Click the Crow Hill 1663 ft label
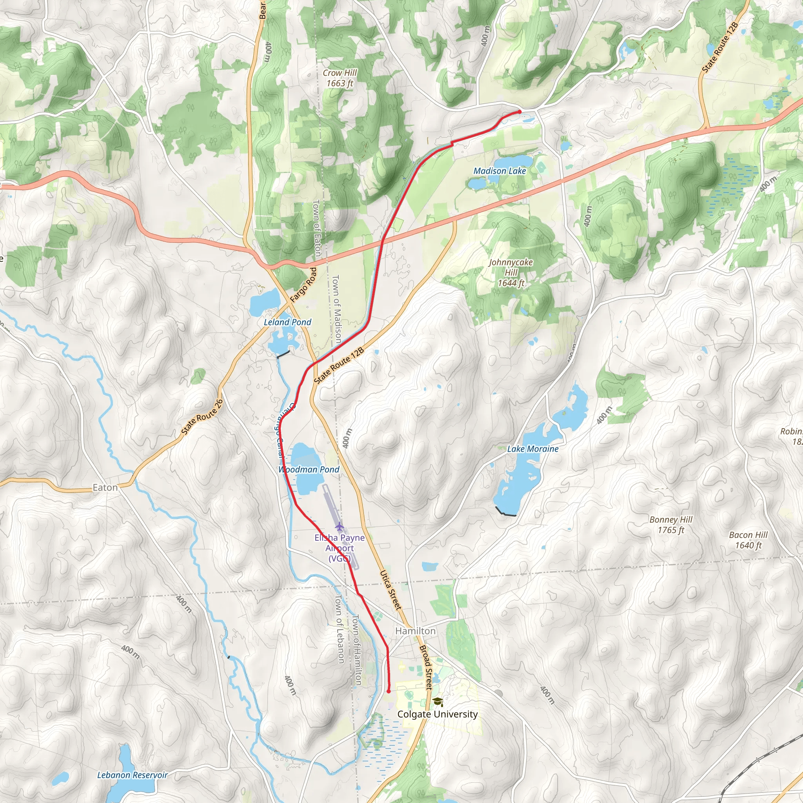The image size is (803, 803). click(x=340, y=78)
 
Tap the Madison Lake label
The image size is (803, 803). click(x=500, y=171)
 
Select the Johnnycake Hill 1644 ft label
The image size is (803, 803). click(x=511, y=273)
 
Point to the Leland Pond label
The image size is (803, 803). click(x=287, y=322)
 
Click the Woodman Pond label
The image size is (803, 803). click(x=309, y=469)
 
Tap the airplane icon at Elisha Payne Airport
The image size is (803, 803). click(x=340, y=527)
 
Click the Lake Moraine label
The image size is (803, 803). click(x=533, y=449)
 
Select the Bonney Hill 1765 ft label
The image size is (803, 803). click(x=671, y=525)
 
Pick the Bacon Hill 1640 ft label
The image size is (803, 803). click(x=748, y=540)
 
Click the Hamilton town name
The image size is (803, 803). click(x=415, y=631)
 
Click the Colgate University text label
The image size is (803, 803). click(x=437, y=714)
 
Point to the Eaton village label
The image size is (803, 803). click(x=105, y=487)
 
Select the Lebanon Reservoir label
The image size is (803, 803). click(x=132, y=775)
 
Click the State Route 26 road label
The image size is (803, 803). click(x=202, y=417)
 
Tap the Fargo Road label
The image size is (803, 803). click(x=303, y=285)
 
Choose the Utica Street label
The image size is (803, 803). click(x=391, y=590)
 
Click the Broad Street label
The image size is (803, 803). click(x=427, y=667)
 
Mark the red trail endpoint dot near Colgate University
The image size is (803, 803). click(x=388, y=692)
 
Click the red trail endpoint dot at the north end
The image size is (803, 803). click(x=520, y=112)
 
